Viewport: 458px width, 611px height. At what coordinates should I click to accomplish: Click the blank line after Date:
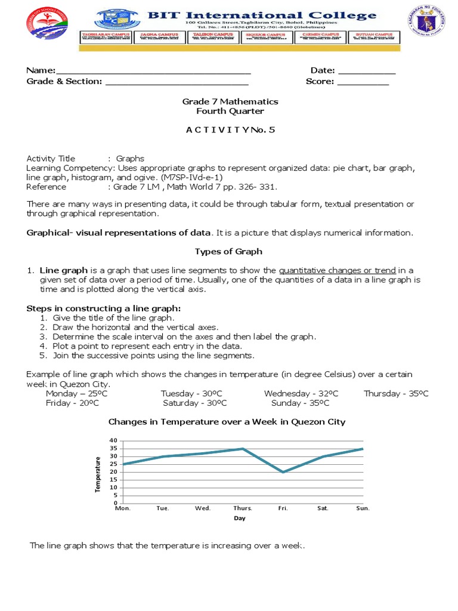(x=367, y=72)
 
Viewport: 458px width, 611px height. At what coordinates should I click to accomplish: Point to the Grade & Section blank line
(x=177, y=82)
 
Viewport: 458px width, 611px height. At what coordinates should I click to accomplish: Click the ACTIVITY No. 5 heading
(x=230, y=129)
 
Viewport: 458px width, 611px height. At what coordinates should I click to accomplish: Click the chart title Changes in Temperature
(x=227, y=422)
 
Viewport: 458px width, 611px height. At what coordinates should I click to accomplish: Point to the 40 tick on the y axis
(x=113, y=440)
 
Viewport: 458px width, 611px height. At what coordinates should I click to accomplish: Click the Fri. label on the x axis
(x=283, y=508)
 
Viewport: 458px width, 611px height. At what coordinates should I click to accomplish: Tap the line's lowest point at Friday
(x=283, y=472)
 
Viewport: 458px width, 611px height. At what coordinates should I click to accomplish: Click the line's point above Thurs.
(x=243, y=448)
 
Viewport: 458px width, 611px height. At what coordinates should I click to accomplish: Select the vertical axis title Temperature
(x=98, y=474)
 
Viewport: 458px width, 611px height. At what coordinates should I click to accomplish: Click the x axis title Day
(x=239, y=519)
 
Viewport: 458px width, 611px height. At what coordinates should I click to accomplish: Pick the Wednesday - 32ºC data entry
(x=301, y=394)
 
